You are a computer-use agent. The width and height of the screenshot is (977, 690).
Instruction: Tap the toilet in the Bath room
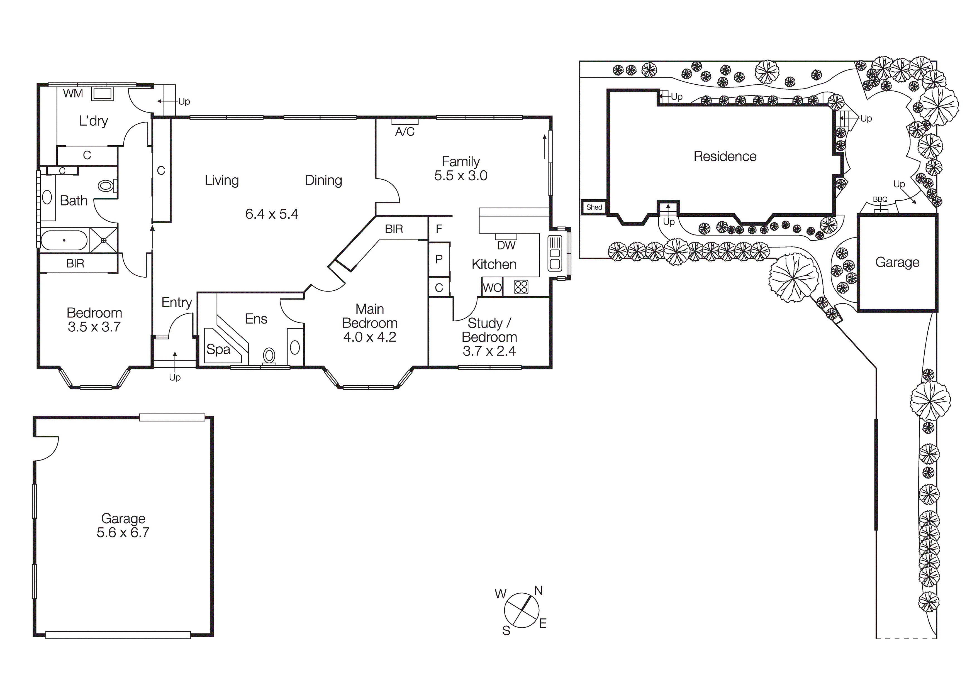pyautogui.click(x=106, y=186)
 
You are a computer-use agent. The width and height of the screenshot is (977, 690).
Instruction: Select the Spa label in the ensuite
pyautogui.click(x=218, y=349)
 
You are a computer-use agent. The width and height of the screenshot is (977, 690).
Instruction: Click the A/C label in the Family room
pyautogui.click(x=405, y=132)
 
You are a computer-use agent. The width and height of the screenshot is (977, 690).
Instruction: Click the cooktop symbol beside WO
pyautogui.click(x=521, y=287)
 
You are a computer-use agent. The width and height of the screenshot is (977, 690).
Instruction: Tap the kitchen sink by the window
pyautogui.click(x=555, y=254)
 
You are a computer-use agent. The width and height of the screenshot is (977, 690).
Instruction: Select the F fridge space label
pyautogui.click(x=439, y=229)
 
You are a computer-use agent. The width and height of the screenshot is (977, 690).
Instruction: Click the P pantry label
pyautogui.click(x=439, y=259)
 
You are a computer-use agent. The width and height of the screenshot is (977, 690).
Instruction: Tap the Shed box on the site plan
pyautogui.click(x=594, y=207)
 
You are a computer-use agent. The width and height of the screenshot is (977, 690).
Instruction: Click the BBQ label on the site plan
pyautogui.click(x=880, y=200)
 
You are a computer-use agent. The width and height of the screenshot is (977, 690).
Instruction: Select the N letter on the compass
pyautogui.click(x=538, y=591)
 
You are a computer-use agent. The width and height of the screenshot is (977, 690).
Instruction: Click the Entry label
pyautogui.click(x=177, y=302)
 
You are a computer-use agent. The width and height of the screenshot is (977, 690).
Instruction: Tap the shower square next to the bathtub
pyautogui.click(x=103, y=240)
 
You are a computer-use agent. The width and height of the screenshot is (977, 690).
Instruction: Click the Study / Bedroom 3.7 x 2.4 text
pyautogui.click(x=489, y=337)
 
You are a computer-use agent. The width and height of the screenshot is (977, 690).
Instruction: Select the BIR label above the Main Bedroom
pyautogui.click(x=394, y=229)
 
